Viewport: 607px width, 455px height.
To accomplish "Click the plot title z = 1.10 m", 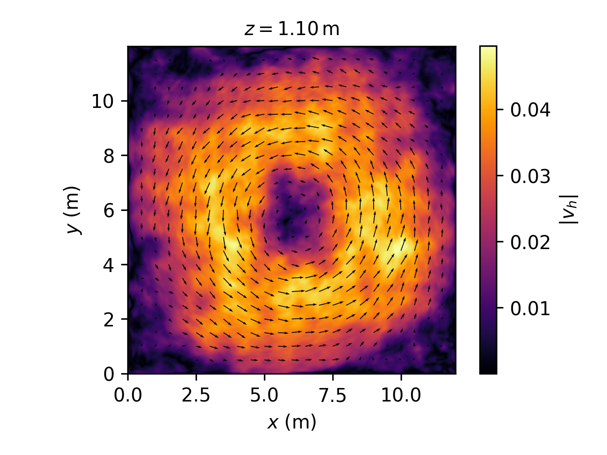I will pos(292,29).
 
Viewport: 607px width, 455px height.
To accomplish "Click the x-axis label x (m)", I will pos(292,423).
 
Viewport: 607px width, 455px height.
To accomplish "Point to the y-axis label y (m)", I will pos(73,210).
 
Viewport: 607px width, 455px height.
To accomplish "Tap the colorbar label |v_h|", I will pos(568,210).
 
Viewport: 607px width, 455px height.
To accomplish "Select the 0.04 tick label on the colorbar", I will pos(530,110).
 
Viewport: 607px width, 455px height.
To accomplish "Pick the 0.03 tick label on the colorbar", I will pos(530,176).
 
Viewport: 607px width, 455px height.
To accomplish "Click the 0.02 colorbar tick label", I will pos(530,243).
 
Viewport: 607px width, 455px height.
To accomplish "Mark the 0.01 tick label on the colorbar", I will pos(530,309).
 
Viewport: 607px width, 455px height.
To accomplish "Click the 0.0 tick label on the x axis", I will pos(128,396).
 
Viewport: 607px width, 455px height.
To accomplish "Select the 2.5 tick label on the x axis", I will pos(196,396).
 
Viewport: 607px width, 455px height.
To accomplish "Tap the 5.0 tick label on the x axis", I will pos(264,396).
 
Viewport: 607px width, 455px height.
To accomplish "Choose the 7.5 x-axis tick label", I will pos(333,396).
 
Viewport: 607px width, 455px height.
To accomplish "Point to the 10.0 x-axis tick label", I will pos(401,396).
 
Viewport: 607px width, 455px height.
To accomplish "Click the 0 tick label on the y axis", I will pos(109,374).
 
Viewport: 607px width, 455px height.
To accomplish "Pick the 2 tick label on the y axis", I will pos(109,320).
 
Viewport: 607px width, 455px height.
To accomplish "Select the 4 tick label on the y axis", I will pos(109,265).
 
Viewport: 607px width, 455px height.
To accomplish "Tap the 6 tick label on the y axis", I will pos(109,210).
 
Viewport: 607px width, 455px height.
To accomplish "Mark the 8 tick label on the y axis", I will pos(109,156).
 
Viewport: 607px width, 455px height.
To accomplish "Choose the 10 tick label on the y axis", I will pos(104,101).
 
